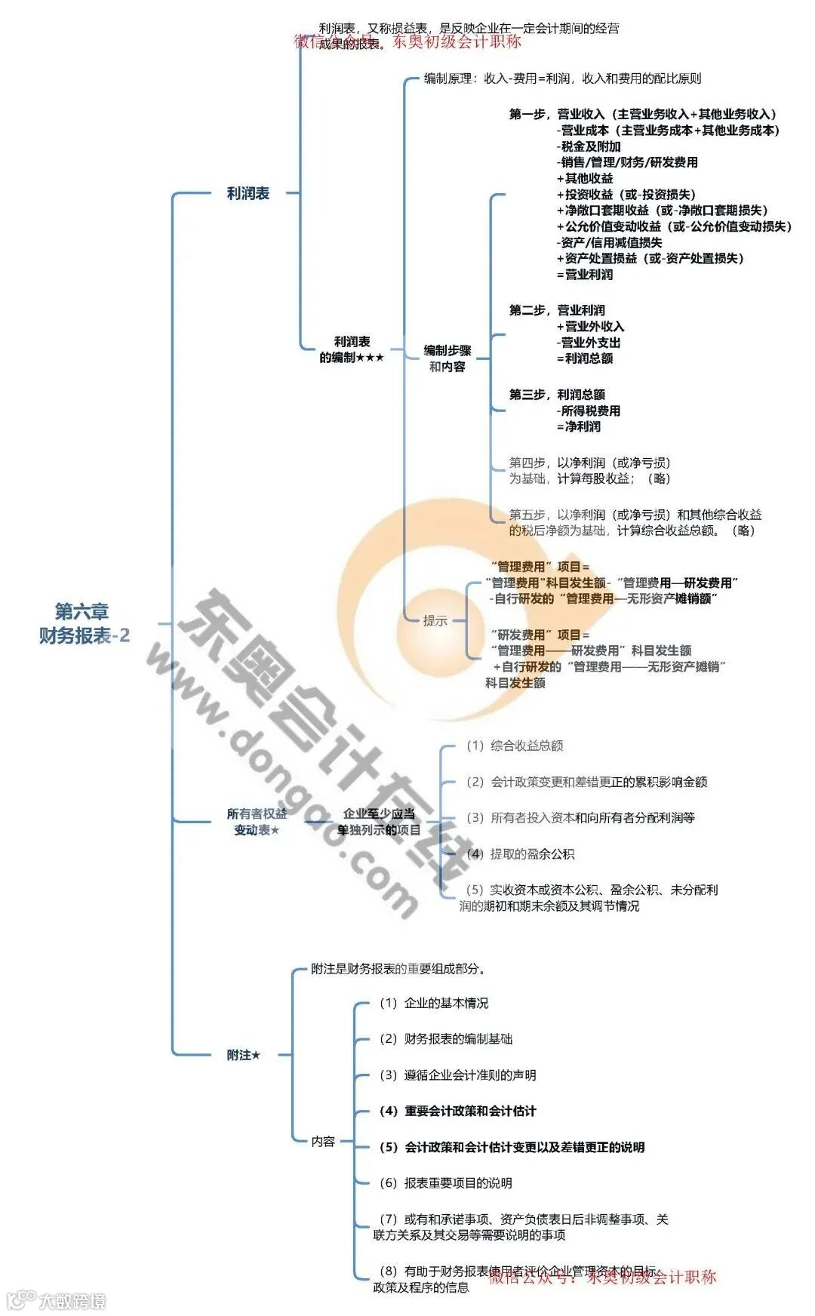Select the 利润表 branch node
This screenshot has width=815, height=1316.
(248, 194)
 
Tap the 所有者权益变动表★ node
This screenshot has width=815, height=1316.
(257, 822)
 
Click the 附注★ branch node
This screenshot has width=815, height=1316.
(244, 1055)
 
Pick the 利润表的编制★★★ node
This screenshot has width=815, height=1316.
(352, 350)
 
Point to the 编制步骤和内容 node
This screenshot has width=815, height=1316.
(447, 358)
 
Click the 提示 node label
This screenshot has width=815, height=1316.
(435, 621)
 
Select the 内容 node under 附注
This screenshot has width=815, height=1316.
(323, 1142)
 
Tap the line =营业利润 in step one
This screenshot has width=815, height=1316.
(585, 275)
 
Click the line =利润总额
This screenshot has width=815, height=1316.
(585, 358)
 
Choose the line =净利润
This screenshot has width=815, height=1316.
(579, 427)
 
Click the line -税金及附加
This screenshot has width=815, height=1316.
(589, 146)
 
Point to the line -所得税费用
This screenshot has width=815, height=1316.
(589, 411)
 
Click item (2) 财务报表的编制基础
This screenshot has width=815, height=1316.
(446, 1039)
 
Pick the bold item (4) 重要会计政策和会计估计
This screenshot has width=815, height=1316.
(457, 1112)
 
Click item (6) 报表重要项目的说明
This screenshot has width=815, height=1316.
(446, 1183)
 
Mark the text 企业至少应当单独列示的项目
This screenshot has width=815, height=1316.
(379, 822)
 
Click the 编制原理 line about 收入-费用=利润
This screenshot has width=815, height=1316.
(562, 78)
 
